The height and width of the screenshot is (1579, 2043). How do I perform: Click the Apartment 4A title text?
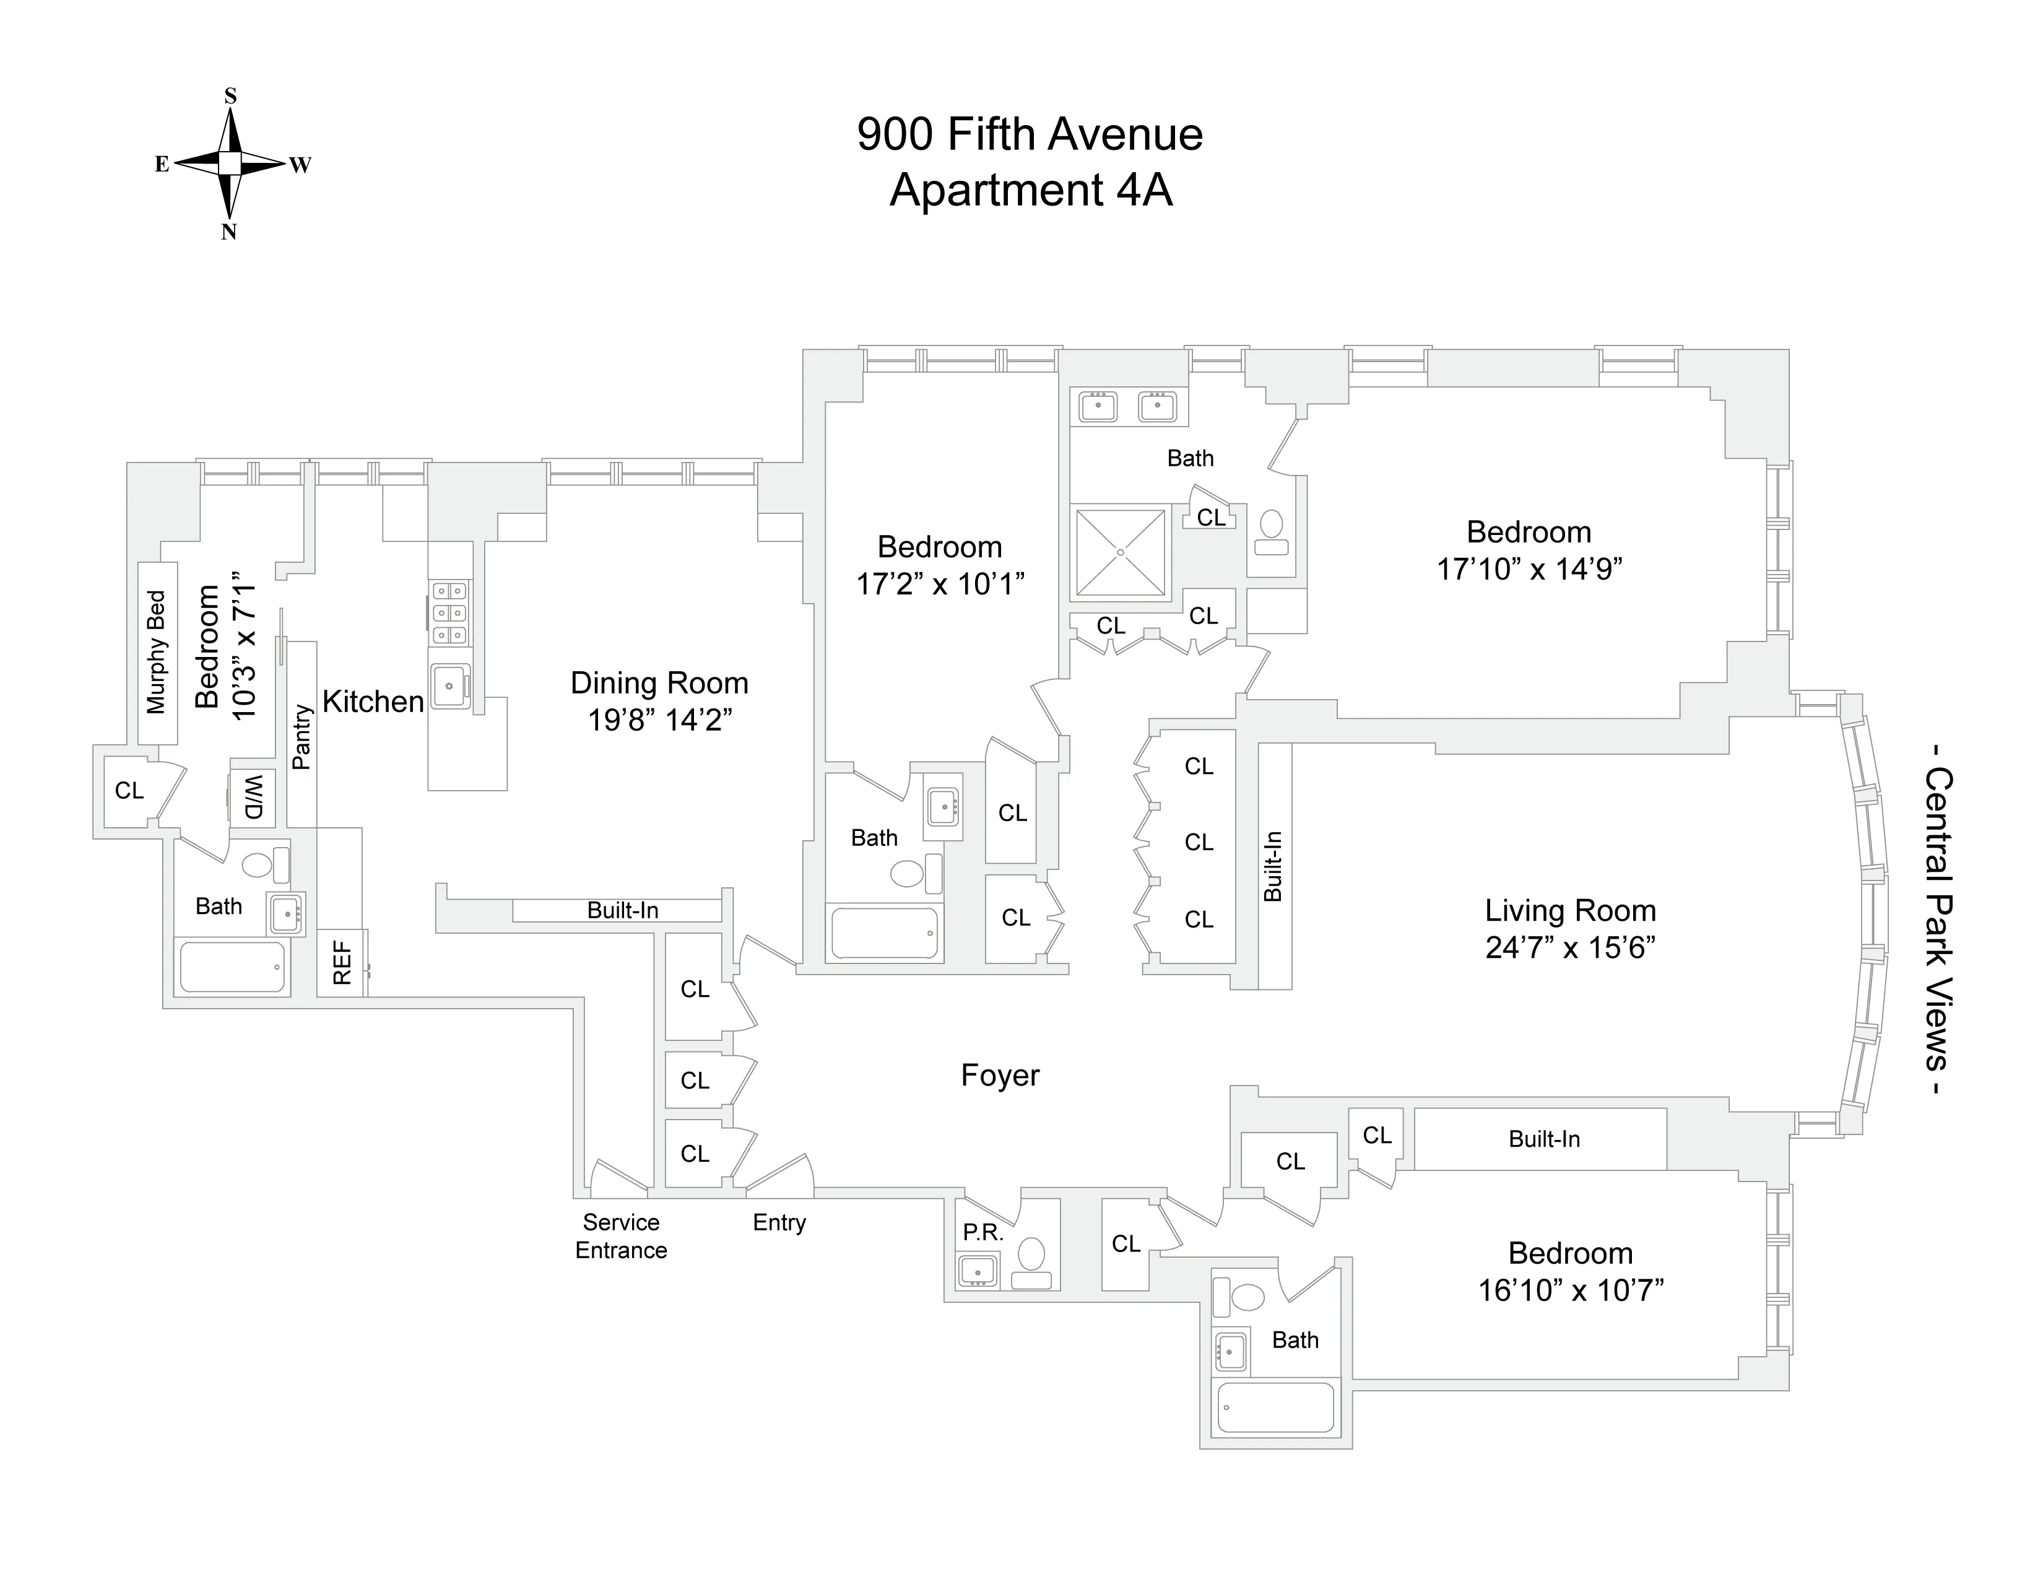1030,190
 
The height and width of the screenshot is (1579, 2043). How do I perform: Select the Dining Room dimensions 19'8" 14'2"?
659,720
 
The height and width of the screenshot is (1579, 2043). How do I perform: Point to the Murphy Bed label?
156,652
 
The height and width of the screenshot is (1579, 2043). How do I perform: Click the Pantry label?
301,737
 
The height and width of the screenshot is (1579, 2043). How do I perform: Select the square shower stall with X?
1120,553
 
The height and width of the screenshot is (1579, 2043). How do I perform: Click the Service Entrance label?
621,1236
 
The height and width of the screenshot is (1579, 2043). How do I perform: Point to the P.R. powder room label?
982,1233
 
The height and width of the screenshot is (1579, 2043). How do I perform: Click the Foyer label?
999,1076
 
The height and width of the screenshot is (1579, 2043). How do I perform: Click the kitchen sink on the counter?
450,685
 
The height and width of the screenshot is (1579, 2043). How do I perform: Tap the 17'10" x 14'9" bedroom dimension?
1529,568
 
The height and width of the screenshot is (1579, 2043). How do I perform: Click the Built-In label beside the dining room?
622,910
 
